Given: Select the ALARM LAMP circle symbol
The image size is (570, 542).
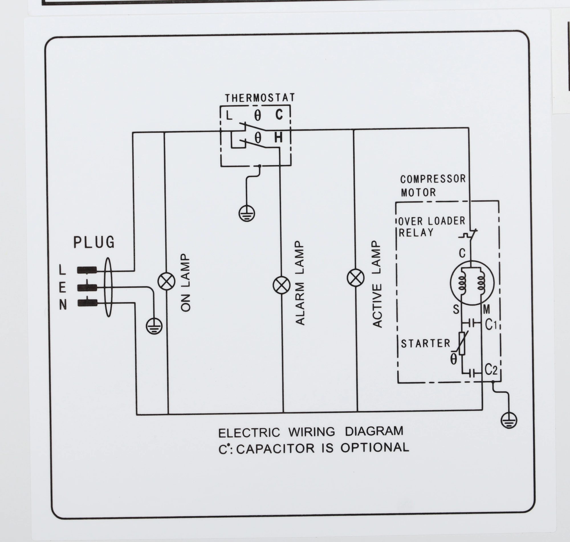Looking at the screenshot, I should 282,285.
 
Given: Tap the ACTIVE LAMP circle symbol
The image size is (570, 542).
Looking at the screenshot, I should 356,278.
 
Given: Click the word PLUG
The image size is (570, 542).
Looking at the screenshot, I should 94,242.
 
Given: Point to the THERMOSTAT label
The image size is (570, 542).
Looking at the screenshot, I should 260,98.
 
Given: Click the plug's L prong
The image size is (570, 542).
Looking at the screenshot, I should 87,270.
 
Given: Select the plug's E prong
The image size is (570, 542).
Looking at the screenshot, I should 87,287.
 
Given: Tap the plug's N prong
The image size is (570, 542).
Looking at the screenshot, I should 87,303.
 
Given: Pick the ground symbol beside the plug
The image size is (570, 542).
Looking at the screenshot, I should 154,326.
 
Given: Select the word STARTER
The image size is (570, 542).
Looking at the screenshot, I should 425,343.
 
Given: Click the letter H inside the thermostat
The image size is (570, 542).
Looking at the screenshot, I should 278,137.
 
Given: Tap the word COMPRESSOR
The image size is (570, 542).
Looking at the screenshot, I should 433,179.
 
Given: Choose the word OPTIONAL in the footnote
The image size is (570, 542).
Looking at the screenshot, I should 374,448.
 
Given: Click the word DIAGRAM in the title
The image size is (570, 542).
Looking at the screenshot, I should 374,431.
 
